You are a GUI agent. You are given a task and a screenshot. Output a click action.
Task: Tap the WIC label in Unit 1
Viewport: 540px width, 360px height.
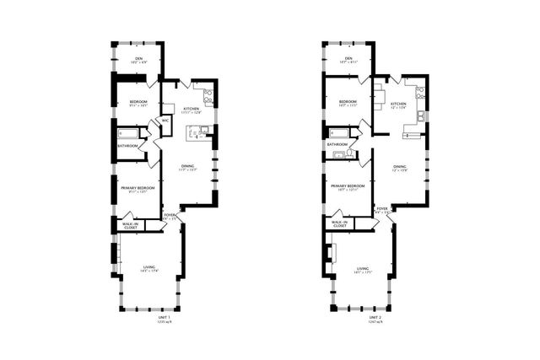[165, 121]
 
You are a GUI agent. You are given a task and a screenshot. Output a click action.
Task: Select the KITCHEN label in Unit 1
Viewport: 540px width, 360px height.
[192, 109]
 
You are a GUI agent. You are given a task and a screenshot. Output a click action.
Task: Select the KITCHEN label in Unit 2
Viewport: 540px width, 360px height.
[397, 104]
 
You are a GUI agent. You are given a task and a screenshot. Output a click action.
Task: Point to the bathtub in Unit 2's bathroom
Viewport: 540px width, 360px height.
[338, 132]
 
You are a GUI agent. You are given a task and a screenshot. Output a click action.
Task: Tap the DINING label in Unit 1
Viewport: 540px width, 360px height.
[188, 165]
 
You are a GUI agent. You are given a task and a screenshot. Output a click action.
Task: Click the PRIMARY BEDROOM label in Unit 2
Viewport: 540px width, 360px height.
[347, 185]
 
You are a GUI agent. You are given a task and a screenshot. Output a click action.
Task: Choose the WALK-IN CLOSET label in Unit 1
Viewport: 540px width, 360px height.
[131, 225]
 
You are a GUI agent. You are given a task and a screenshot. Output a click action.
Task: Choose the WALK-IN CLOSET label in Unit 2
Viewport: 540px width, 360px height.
[339, 224]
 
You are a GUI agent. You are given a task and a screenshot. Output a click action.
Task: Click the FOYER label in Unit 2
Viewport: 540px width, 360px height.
[381, 207]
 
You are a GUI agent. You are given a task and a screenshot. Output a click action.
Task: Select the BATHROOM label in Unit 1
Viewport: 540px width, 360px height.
[128, 146]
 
